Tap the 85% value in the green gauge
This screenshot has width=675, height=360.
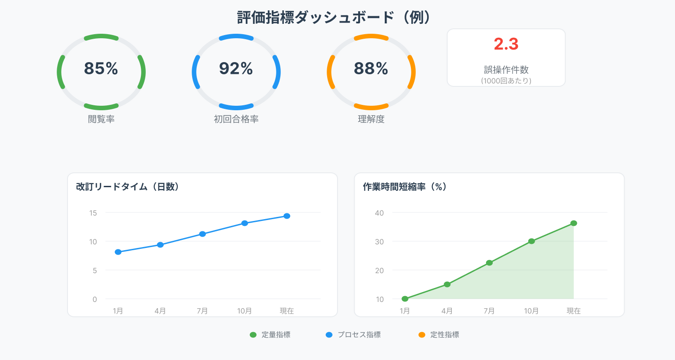click(x=101, y=68)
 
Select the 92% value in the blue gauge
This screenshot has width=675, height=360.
click(x=236, y=68)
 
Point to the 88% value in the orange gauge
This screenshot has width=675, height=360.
click(x=371, y=68)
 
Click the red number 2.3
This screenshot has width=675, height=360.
click(x=506, y=44)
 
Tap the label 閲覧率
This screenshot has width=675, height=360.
click(x=101, y=119)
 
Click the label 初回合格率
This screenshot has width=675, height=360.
click(x=236, y=119)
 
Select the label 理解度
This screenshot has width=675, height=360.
click(x=371, y=119)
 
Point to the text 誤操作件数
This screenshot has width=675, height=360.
click(x=506, y=70)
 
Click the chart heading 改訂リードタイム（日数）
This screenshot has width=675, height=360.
click(x=128, y=187)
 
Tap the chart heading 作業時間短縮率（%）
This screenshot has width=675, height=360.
click(x=405, y=187)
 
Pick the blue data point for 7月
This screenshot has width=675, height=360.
click(x=202, y=234)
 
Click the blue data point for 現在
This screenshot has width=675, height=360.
click(x=287, y=216)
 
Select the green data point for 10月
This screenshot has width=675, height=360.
click(x=531, y=241)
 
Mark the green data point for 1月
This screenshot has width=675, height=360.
click(x=405, y=299)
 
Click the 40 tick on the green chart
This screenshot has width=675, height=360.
click(x=379, y=213)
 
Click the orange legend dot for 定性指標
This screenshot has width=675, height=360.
click(x=422, y=335)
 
